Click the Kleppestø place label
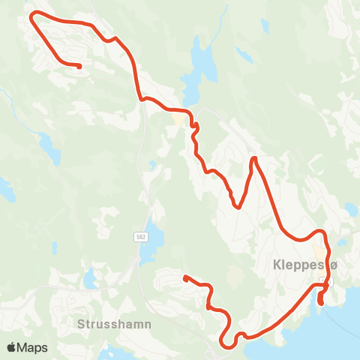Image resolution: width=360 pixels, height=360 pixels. coord(307,266)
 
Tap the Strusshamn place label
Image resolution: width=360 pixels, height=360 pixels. coord(114,324)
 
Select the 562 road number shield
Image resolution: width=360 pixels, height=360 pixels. coord(141,237)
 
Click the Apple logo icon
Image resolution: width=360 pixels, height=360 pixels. coord(12,347)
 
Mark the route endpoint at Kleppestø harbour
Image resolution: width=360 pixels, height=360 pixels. coord(321,303)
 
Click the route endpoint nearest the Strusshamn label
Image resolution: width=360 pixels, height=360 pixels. coord(185,278)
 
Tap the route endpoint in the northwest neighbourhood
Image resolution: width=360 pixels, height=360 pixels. coord(79,66)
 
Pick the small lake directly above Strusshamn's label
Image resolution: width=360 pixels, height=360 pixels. coord(91,279)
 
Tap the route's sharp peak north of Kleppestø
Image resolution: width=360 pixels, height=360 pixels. coord(254,158)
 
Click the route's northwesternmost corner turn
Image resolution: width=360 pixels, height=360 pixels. coord(31,14)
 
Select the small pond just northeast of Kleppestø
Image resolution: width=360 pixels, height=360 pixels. coord(343,241)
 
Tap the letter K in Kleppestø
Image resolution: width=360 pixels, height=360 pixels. coord(277,266)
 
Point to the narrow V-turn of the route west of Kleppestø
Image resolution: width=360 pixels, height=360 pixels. coord(238,206)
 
